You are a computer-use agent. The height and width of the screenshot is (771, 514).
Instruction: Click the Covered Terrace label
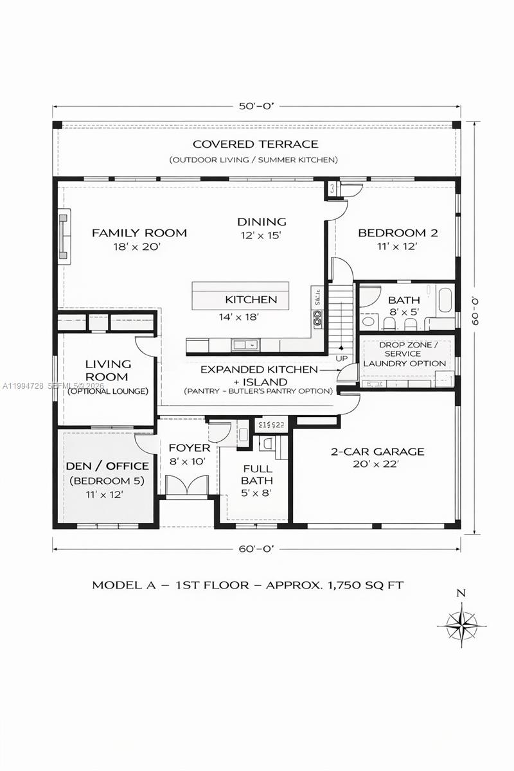[255, 144]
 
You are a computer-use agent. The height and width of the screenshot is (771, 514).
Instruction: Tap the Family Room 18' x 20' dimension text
[139, 246]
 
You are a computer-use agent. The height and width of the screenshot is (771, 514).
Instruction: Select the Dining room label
[261, 222]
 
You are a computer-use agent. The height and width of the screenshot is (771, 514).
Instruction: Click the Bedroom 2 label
[398, 233]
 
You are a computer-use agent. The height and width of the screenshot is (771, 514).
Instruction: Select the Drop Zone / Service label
[406, 350]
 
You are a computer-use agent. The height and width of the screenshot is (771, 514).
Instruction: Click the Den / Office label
[107, 466]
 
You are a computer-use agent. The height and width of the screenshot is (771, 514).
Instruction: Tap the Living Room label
[107, 371]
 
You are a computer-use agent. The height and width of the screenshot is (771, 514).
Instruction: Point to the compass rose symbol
[461, 623]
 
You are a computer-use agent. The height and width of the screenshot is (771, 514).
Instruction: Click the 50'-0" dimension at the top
[256, 107]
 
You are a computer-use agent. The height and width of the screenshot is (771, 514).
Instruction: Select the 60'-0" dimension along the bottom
[256, 549]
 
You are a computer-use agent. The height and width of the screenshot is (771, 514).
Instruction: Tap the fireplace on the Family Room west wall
[64, 236]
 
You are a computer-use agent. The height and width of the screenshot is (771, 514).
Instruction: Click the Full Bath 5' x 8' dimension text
[256, 493]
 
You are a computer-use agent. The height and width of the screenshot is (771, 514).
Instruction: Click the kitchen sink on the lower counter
[245, 345]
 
